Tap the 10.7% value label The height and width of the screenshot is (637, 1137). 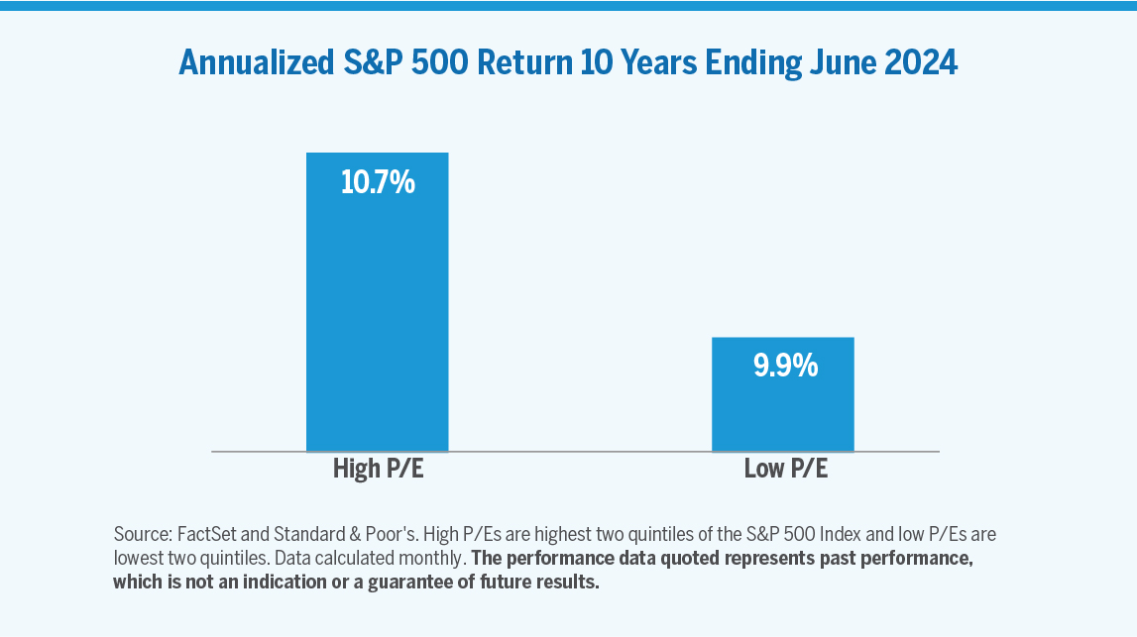point(377,183)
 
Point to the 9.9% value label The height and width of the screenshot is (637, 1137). point(784,367)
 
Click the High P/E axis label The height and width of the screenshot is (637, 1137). point(378,469)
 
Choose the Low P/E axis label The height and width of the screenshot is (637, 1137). point(785,469)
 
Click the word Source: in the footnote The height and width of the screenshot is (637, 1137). point(141,534)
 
